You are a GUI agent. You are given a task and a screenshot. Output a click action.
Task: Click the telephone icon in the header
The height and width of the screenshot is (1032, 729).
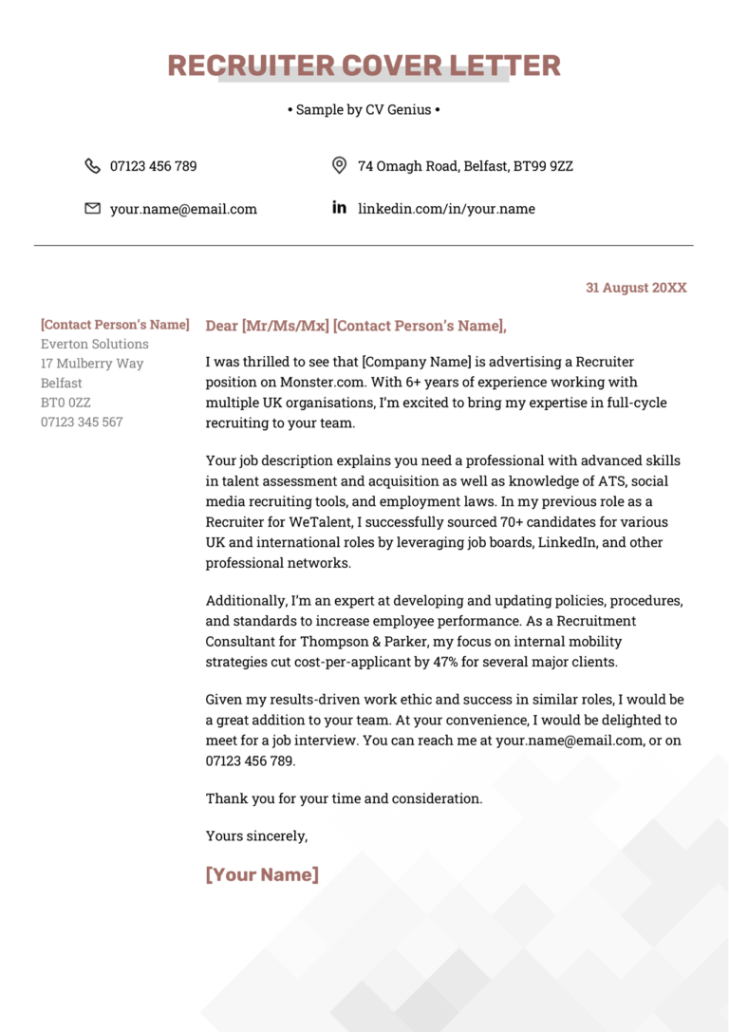(x=92, y=166)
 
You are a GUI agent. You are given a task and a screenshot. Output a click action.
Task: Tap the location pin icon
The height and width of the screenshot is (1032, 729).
(x=339, y=166)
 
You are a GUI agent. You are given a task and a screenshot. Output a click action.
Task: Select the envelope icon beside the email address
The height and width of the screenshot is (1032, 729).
(x=92, y=209)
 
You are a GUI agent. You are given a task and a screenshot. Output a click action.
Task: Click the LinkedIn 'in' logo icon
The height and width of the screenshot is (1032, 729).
(x=339, y=208)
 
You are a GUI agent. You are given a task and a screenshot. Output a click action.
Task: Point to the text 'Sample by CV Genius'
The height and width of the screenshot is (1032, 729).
(x=364, y=110)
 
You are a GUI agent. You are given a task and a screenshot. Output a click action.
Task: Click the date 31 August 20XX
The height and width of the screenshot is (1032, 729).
(x=635, y=288)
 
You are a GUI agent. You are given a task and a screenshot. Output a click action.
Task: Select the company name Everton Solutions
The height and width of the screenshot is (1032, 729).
(x=94, y=344)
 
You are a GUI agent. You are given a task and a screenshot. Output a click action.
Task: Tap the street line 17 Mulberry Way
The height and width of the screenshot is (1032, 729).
(x=92, y=364)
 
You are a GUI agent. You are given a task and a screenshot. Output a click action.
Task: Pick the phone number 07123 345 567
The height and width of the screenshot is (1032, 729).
(x=82, y=422)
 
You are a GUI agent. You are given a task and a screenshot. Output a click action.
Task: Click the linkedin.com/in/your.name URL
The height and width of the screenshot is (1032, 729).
(x=446, y=209)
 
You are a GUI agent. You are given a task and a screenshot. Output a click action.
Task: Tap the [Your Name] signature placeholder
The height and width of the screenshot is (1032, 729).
(x=262, y=874)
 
